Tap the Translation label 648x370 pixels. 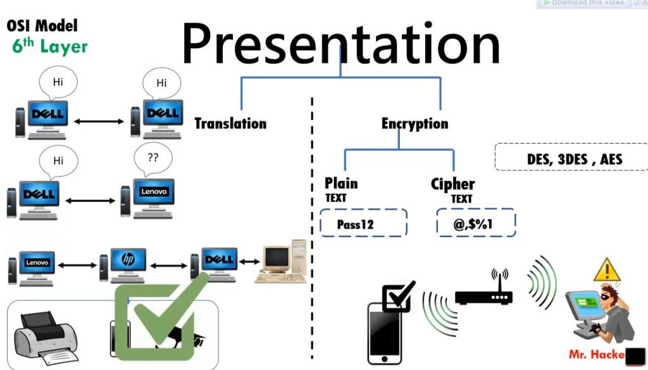(230, 123)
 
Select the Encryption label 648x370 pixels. (414, 124)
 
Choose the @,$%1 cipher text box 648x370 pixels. (476, 224)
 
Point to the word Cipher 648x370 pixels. (452, 184)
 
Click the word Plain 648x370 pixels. (341, 183)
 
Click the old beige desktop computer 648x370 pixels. (282, 261)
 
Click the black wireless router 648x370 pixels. (483, 293)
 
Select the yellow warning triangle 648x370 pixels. (606, 271)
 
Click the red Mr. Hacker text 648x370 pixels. (596, 355)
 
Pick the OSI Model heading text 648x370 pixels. (42, 26)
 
